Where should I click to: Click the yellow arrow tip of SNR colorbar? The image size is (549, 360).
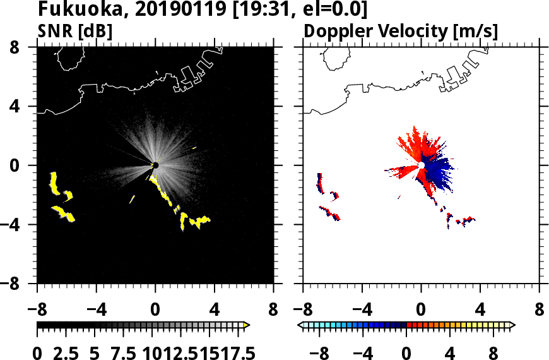point(247,325)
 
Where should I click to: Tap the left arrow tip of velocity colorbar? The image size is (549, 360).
point(301,325)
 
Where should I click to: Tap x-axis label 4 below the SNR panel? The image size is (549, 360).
point(214,311)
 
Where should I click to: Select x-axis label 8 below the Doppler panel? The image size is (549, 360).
point(540,311)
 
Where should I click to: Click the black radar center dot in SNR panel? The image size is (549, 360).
point(155,165)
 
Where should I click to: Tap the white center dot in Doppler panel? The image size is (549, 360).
point(421,165)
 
